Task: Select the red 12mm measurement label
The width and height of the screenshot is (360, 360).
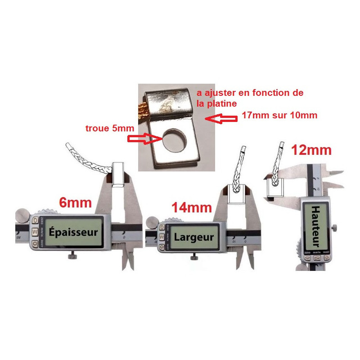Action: point(311,150)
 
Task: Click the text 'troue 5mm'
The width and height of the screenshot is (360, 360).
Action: point(109,128)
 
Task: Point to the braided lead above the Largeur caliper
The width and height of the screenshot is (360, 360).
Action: point(237,166)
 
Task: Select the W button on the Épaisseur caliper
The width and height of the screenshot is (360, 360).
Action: point(35,231)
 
